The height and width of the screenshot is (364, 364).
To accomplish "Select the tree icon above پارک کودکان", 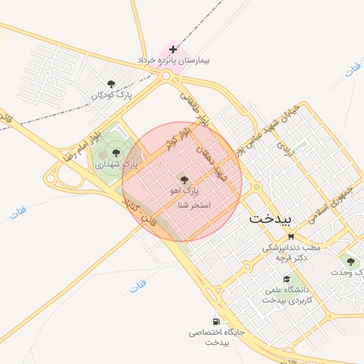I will pyautogui.click(x=109, y=84).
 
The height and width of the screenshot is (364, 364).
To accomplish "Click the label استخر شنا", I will pyautogui.click(x=195, y=205).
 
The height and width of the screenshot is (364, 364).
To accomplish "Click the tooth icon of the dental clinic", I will pyautogui.click(x=290, y=237).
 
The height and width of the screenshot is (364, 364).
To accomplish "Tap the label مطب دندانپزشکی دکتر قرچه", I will pyautogui.click(x=292, y=252).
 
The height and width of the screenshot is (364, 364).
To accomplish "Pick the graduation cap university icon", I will pyautogui.click(x=286, y=279).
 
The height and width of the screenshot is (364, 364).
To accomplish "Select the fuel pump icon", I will pyautogui.click(x=215, y=321).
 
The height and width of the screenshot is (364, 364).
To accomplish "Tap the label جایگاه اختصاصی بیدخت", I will pyautogui.click(x=217, y=337).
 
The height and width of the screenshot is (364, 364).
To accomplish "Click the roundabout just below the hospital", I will pyautogui.click(x=167, y=75).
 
